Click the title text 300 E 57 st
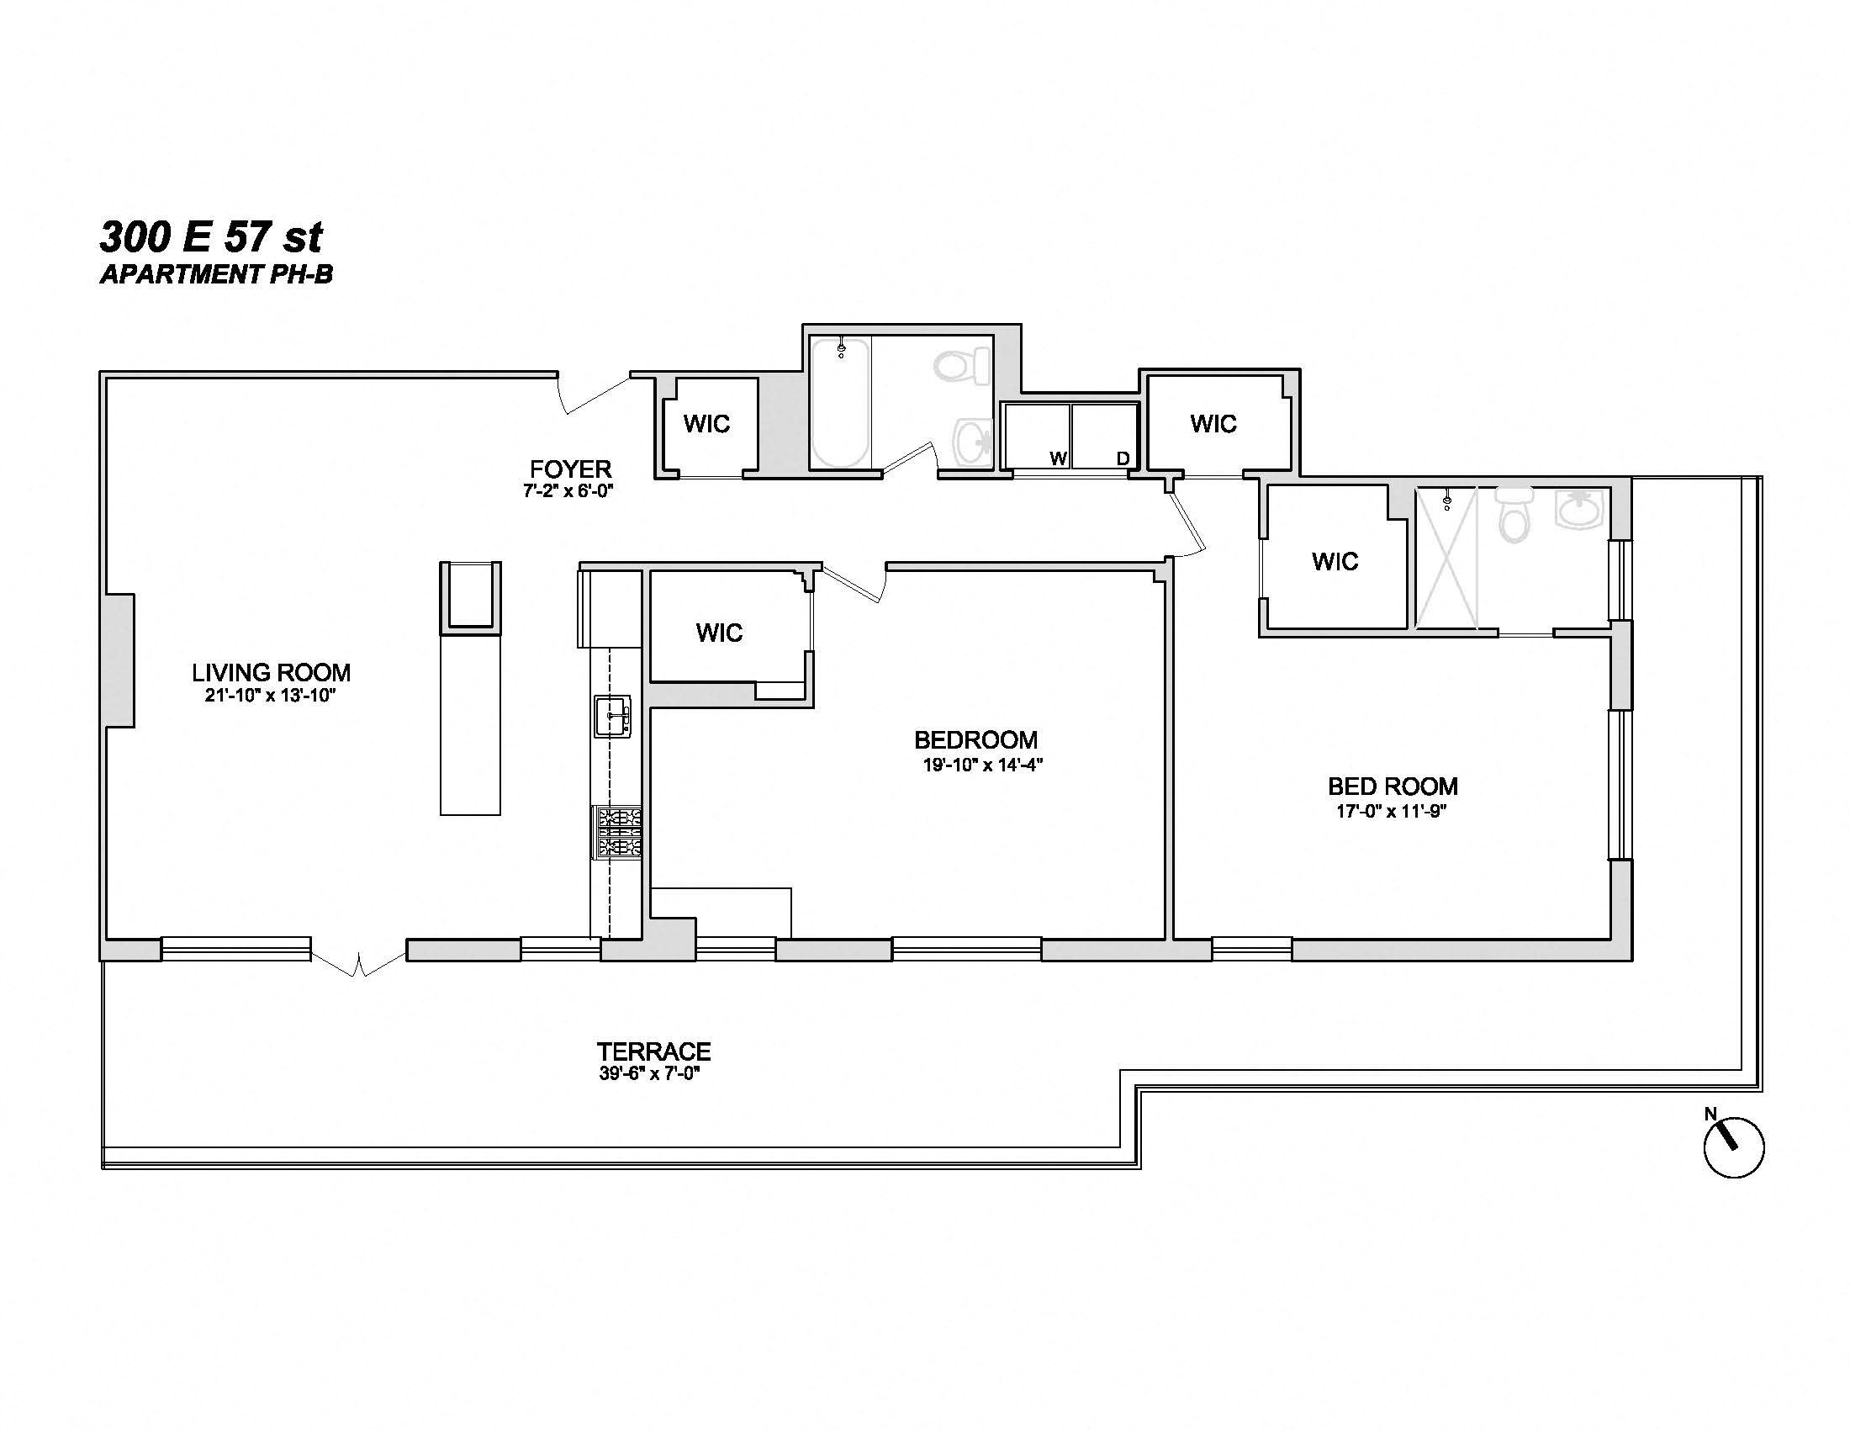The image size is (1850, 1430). click(x=211, y=237)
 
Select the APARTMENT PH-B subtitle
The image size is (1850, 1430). click(x=216, y=274)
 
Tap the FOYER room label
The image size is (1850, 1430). click(x=570, y=469)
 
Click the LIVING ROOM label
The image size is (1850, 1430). click(x=271, y=673)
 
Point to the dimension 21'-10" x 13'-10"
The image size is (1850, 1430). click(x=271, y=696)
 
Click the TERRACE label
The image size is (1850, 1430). click(x=653, y=1051)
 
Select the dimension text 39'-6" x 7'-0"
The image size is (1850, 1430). click(x=650, y=1074)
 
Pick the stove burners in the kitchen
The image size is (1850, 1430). click(x=618, y=833)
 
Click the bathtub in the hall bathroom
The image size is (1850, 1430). click(x=839, y=402)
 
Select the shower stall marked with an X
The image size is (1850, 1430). click(x=1446, y=559)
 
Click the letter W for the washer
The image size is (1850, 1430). click(x=1057, y=458)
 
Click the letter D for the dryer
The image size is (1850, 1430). click(x=1123, y=458)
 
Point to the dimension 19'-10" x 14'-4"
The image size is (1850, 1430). click(x=981, y=765)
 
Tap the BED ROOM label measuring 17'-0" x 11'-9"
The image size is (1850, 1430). click(x=1392, y=786)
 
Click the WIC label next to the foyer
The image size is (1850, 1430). click(x=706, y=424)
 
